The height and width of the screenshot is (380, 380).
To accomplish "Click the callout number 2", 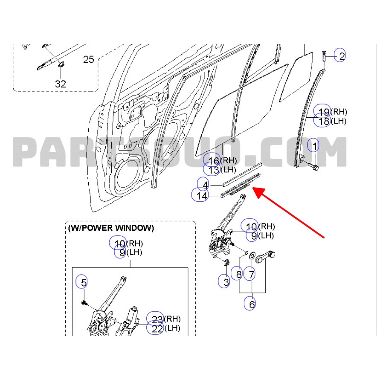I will click(341, 55).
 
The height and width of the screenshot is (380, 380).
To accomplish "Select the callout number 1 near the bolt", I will click(314, 147).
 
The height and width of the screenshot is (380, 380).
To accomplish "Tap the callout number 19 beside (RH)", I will click(324, 112).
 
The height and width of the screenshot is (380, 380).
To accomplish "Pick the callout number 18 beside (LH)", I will click(324, 121).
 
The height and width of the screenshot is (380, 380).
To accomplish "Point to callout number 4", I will click(205, 185).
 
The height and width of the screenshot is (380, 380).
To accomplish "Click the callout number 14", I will click(202, 196).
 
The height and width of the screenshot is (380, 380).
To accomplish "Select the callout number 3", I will click(226, 282).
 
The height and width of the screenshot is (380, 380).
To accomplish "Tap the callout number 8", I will click(239, 274).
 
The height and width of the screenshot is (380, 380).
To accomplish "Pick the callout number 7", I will click(251, 274).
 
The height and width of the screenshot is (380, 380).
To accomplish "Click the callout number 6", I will click(252, 304).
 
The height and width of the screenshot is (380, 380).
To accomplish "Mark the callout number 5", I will click(84, 282).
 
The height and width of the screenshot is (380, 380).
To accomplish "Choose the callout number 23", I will click(157, 319).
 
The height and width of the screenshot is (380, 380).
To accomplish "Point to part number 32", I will click(61, 84).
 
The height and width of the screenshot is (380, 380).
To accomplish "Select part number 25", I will click(88, 59).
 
